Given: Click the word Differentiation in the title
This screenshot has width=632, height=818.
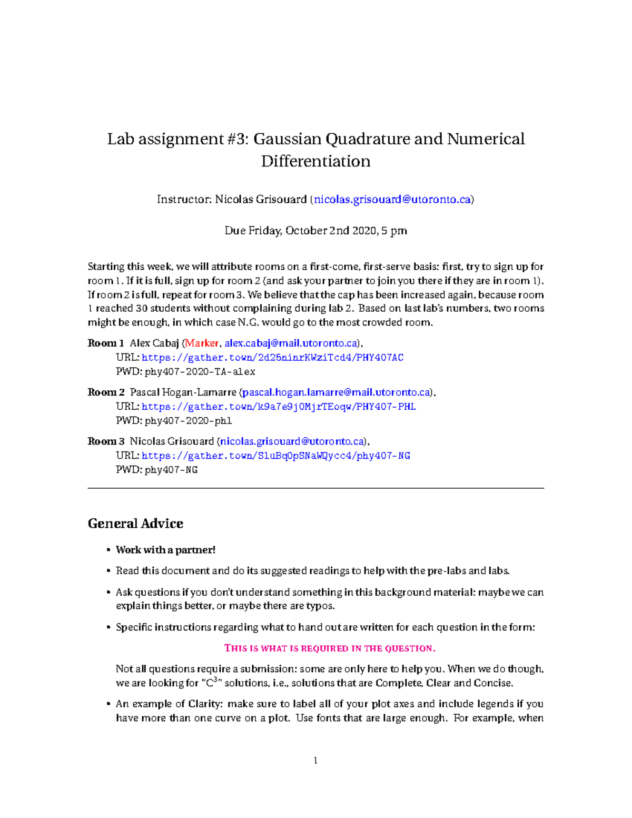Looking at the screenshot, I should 315,161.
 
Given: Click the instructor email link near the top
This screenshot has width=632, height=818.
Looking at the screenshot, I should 392,200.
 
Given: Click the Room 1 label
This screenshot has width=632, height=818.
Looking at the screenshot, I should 105,343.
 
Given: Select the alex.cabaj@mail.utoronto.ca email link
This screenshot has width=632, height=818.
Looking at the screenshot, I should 291,343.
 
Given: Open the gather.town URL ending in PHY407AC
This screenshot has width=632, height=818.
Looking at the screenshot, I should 272,358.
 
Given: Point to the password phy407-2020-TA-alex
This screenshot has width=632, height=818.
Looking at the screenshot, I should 200,372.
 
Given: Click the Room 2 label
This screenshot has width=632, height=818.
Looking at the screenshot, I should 105,392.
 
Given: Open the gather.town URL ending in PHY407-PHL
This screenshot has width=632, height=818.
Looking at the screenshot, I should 279,407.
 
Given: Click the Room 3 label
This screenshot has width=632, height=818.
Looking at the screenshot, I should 105,441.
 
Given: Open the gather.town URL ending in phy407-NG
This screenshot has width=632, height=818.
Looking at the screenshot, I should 275,456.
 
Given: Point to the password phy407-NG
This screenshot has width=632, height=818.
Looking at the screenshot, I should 171,470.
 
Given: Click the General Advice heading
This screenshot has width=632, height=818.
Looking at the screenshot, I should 135,524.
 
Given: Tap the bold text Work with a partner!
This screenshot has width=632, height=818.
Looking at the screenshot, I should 165,550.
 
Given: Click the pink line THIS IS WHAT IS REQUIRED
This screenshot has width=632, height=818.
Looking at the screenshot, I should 330,648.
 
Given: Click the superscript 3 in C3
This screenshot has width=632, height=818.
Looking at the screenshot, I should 216,680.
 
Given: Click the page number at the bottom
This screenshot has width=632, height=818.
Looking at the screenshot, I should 315,761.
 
